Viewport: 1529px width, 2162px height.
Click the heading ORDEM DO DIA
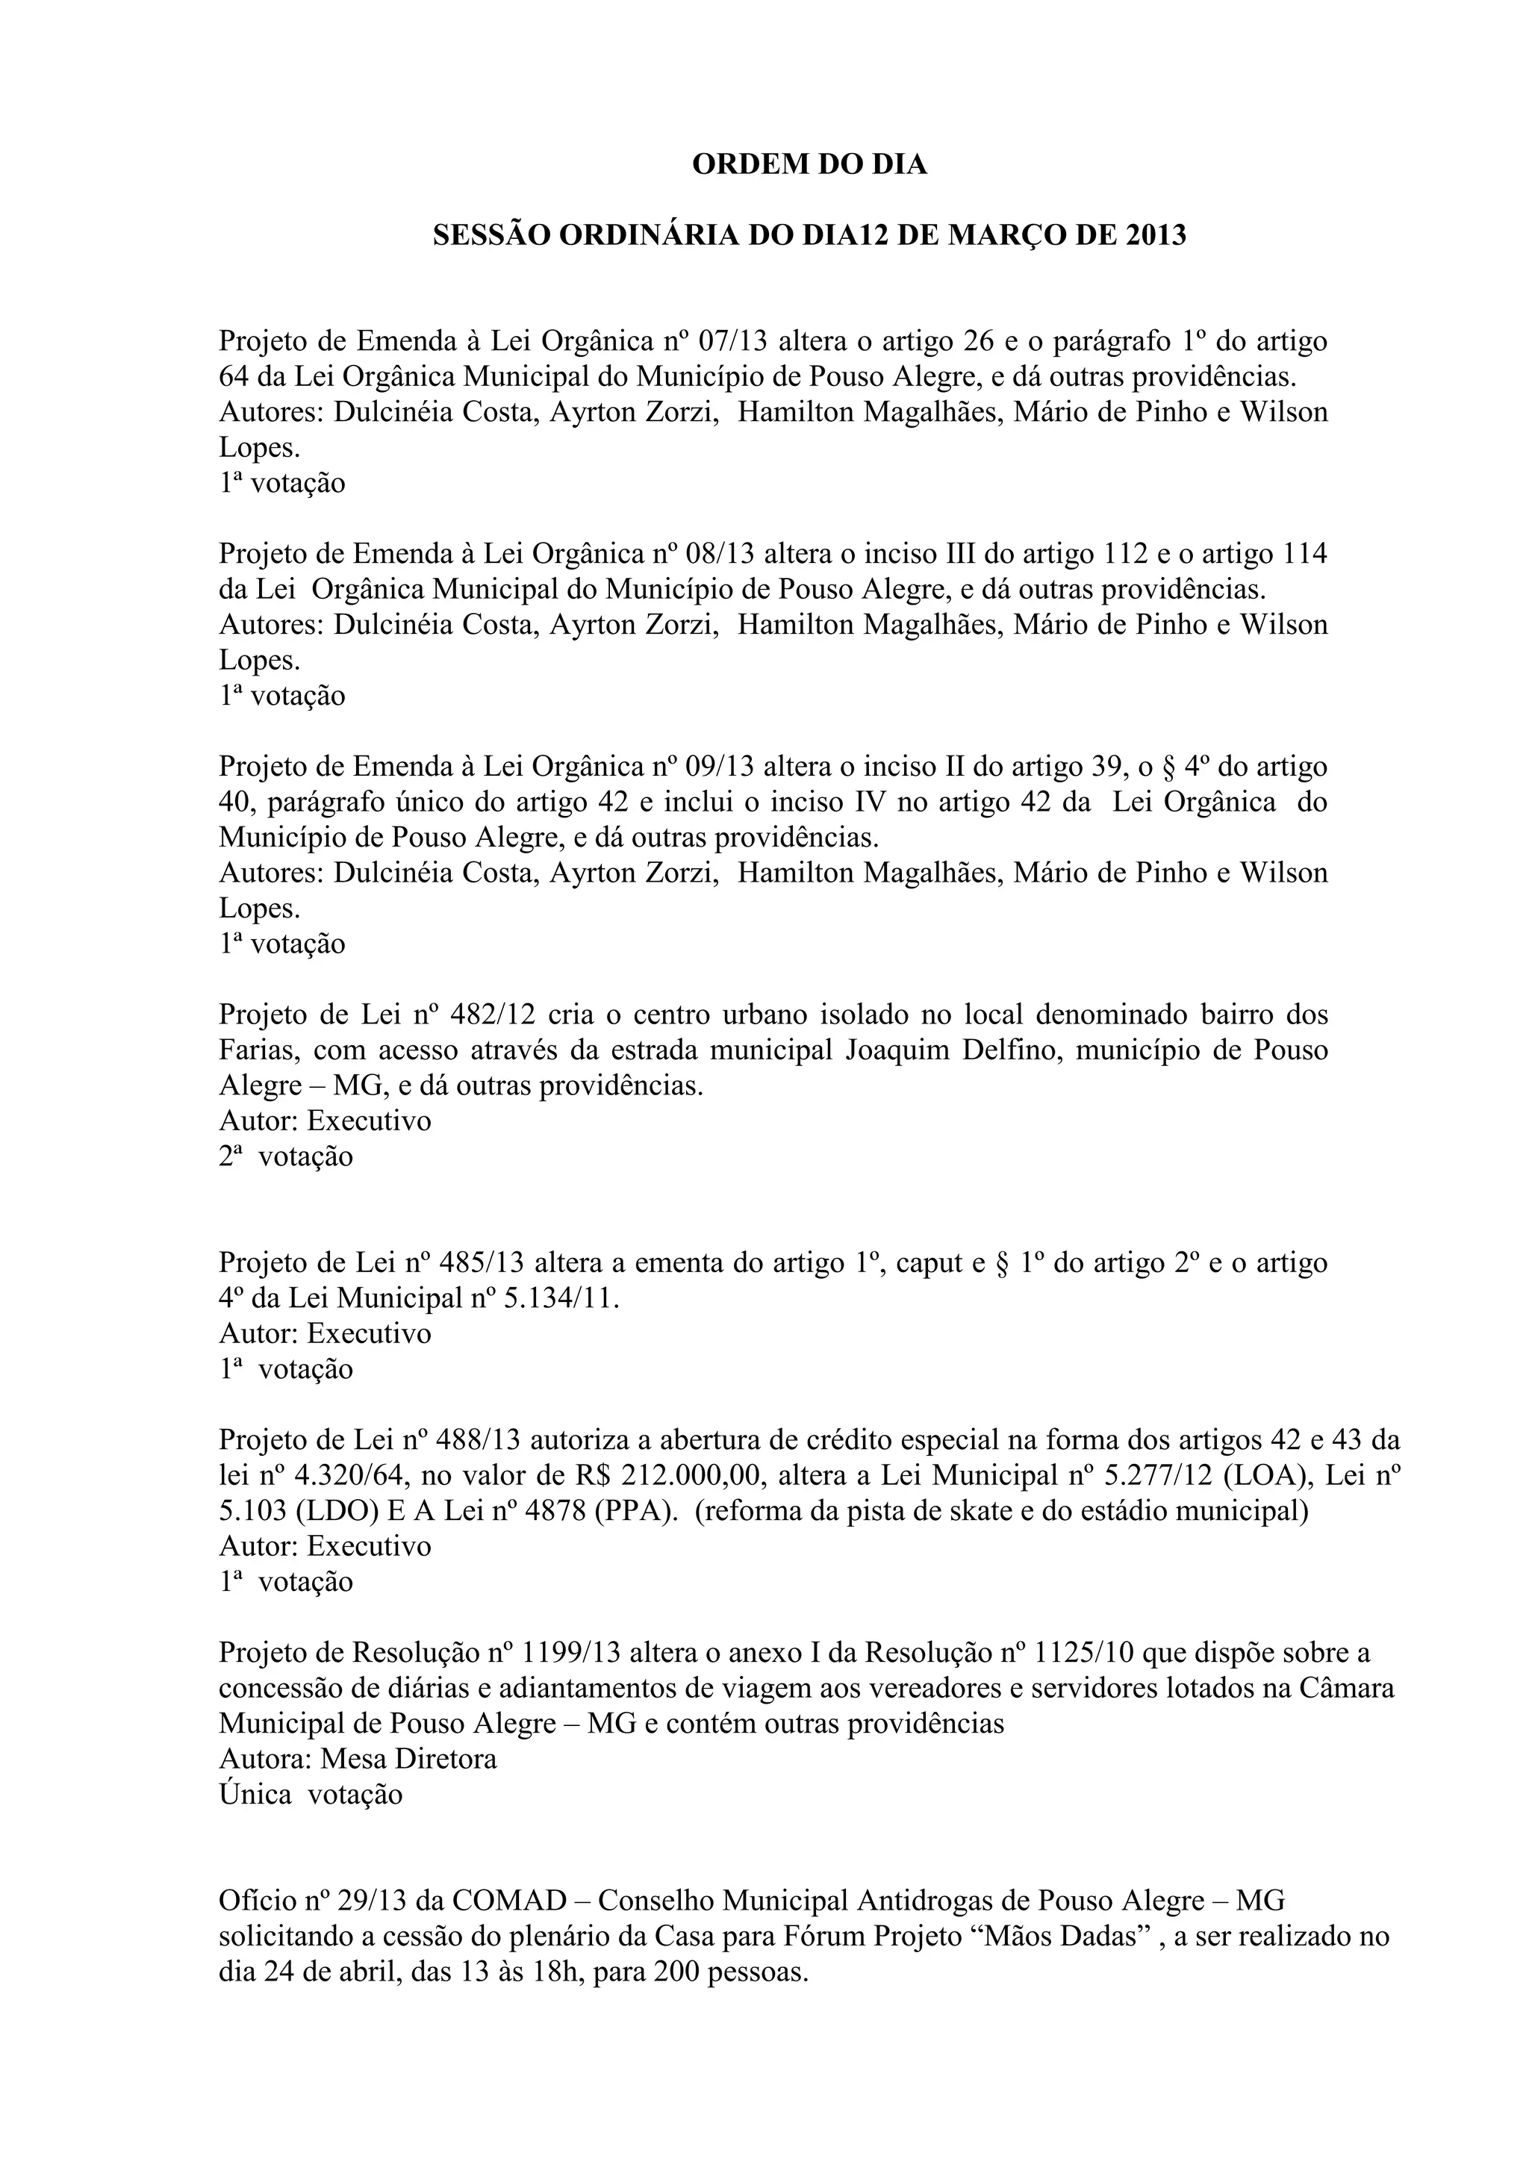pyautogui.click(x=810, y=165)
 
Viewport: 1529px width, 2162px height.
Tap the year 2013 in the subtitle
pyautogui.click(x=1154, y=235)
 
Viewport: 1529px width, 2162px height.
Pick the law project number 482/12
pyautogui.click(x=493, y=1015)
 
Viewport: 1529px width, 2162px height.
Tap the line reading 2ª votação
pyautogui.click(x=286, y=1156)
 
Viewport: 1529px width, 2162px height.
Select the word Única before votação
pyautogui.click(x=255, y=1794)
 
